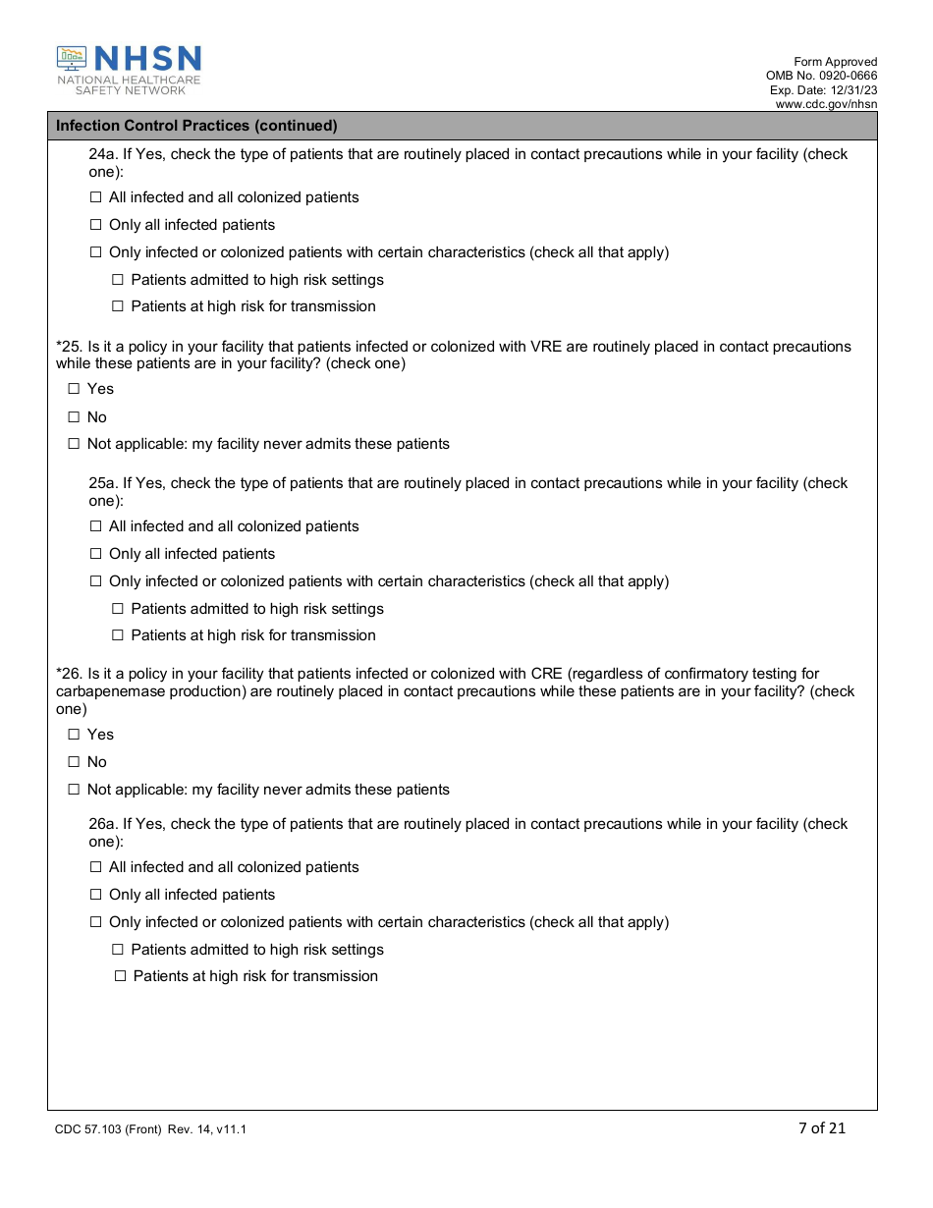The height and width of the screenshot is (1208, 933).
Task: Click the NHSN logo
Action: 129,70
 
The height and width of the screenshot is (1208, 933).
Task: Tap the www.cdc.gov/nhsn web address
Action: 826,104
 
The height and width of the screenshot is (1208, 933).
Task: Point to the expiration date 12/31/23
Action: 852,90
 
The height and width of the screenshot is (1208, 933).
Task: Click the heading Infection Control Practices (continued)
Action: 196,126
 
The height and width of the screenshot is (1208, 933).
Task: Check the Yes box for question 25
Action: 74,389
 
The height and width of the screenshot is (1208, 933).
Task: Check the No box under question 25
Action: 74,417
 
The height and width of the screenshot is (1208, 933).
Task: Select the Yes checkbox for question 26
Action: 74,735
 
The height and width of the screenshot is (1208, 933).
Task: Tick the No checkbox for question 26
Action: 74,762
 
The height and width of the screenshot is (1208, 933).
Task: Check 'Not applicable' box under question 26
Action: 74,790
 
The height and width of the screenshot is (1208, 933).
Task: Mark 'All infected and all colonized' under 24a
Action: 96,197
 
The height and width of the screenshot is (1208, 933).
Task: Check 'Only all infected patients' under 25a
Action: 96,554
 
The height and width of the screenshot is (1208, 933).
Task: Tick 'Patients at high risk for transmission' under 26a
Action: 121,976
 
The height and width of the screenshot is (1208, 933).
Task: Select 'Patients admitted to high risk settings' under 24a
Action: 118,280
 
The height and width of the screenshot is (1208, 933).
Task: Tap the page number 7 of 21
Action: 822,1127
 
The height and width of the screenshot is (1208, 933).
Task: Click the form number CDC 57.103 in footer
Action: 90,1129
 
